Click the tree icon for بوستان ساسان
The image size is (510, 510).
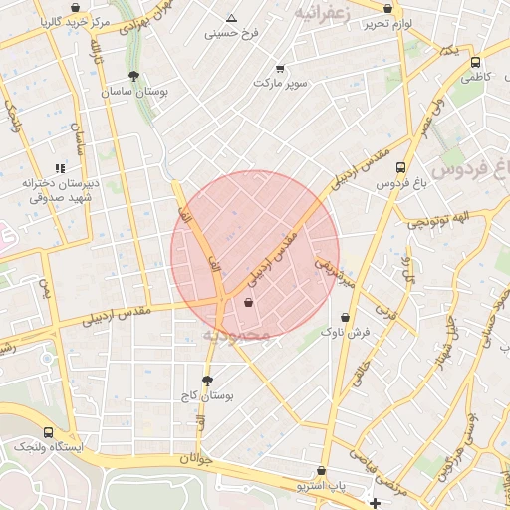pos(134,76)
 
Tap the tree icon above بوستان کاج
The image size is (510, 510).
pos(207,381)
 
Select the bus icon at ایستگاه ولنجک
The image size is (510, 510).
pos(49,432)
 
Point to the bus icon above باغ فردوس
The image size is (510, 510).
pos(400,167)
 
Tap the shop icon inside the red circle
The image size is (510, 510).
pos(248,302)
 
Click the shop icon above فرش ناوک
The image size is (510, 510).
pos(330,316)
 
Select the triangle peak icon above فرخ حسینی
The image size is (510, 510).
pos(232,18)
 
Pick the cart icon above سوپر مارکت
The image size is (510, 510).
pos(279,68)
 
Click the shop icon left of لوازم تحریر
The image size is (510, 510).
pos(387,8)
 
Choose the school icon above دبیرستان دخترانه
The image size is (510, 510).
pos(60,168)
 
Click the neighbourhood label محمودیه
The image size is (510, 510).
pos(237,335)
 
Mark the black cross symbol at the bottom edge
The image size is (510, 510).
pos(374,503)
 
